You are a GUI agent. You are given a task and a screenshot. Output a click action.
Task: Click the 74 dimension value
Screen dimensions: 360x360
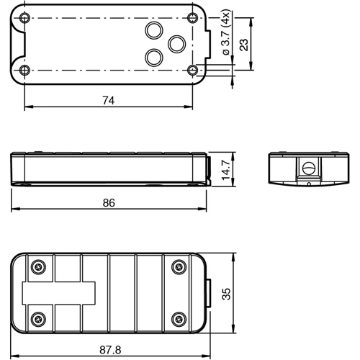click(x=109, y=101)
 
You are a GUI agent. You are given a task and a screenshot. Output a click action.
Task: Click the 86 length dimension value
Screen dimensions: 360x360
click(x=109, y=203)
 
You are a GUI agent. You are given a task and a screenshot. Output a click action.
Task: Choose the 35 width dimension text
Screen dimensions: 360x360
click(x=226, y=293)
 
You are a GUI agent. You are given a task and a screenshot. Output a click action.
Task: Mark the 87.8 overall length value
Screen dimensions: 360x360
click(x=109, y=350)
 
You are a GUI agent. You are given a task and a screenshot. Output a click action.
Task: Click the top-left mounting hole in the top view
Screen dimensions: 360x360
click(x=25, y=17)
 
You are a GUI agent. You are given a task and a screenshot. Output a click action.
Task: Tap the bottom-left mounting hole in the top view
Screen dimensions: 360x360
click(x=25, y=70)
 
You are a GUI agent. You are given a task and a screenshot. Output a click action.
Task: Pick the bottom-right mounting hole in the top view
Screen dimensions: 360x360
click(x=192, y=70)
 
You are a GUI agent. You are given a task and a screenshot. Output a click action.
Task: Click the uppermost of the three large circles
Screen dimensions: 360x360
click(x=153, y=30)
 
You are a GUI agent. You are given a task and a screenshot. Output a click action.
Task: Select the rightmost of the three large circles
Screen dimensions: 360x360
click(x=176, y=43)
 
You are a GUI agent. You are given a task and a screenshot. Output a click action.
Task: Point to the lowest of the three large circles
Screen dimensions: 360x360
click(x=153, y=57)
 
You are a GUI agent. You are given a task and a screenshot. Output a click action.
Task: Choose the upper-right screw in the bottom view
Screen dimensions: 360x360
click(x=177, y=266)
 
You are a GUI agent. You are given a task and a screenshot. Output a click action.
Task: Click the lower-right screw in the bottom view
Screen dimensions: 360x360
click(x=177, y=318)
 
